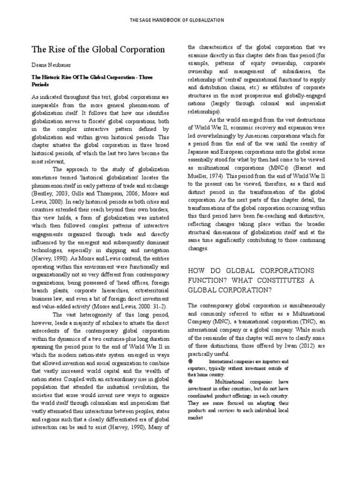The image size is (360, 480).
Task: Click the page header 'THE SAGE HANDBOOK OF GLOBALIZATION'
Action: pos(180,20)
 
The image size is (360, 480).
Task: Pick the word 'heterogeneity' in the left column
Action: pos(92,315)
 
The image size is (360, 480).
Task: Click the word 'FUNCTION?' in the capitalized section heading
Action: pos(211,279)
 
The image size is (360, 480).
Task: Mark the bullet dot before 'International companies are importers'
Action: pos(190,361)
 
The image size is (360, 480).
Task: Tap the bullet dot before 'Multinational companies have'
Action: pos(190,381)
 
